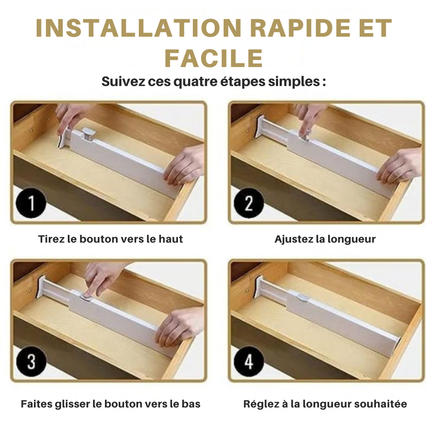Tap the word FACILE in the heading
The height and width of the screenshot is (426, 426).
click(x=214, y=58)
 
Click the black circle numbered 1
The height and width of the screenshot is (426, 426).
click(x=31, y=203)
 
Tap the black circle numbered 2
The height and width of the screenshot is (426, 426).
click(x=249, y=203)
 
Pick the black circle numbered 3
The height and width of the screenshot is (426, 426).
click(x=31, y=362)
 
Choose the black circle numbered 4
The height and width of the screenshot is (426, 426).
click(x=249, y=362)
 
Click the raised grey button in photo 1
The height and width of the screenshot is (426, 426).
click(x=89, y=134)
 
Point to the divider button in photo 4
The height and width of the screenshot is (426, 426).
click(x=302, y=298)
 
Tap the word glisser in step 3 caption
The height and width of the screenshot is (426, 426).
click(x=72, y=404)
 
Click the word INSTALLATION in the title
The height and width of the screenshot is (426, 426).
click(x=139, y=28)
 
